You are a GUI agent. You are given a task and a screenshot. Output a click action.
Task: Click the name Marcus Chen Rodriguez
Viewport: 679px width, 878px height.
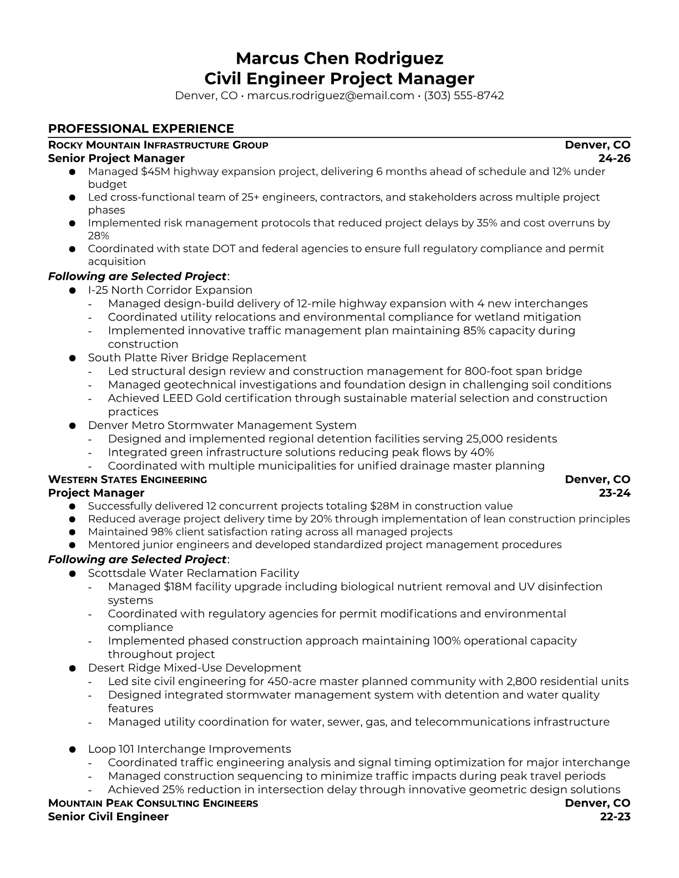click(339, 58)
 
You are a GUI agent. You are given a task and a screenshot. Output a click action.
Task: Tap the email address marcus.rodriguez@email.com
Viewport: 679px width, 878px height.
click(330, 95)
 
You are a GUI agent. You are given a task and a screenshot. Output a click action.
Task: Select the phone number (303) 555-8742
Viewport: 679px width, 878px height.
click(464, 95)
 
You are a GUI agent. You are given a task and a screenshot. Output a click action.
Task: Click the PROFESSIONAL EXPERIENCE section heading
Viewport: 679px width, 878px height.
click(141, 129)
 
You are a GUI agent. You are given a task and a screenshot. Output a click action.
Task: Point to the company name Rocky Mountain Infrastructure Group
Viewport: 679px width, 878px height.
click(158, 145)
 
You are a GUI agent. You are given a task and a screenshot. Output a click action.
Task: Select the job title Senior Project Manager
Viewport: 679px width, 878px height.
click(116, 159)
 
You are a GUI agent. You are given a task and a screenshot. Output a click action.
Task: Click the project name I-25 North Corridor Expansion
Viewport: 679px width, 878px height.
click(170, 290)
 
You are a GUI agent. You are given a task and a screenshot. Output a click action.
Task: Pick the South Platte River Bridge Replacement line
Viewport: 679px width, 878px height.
click(197, 358)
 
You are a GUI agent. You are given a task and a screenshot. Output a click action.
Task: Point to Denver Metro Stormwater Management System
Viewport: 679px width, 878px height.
click(222, 425)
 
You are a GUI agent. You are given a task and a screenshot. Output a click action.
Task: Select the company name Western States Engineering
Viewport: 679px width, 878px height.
click(128, 479)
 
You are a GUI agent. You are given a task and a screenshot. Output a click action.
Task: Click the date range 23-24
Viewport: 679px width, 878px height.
click(615, 493)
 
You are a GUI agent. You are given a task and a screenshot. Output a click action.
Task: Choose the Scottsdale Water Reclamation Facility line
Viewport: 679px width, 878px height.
click(193, 573)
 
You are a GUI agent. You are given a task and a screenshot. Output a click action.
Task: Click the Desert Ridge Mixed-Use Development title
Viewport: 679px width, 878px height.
click(194, 668)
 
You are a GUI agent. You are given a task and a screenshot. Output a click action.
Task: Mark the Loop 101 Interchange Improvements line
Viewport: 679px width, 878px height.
click(189, 749)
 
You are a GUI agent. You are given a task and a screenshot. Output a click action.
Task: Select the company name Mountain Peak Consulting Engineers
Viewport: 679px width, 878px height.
click(153, 803)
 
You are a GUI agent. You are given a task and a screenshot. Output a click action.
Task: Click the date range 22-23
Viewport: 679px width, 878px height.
click(615, 816)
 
